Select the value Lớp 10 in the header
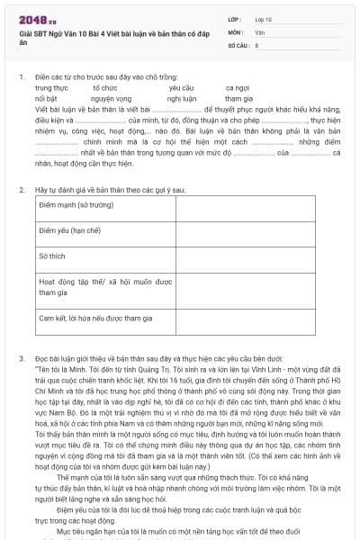click(x=263, y=18)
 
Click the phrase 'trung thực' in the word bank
click(x=51, y=87)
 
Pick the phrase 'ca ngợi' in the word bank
click(x=237, y=87)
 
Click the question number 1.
click(x=21, y=77)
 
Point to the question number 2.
click(x=21, y=191)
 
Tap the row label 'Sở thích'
click(x=52, y=256)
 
